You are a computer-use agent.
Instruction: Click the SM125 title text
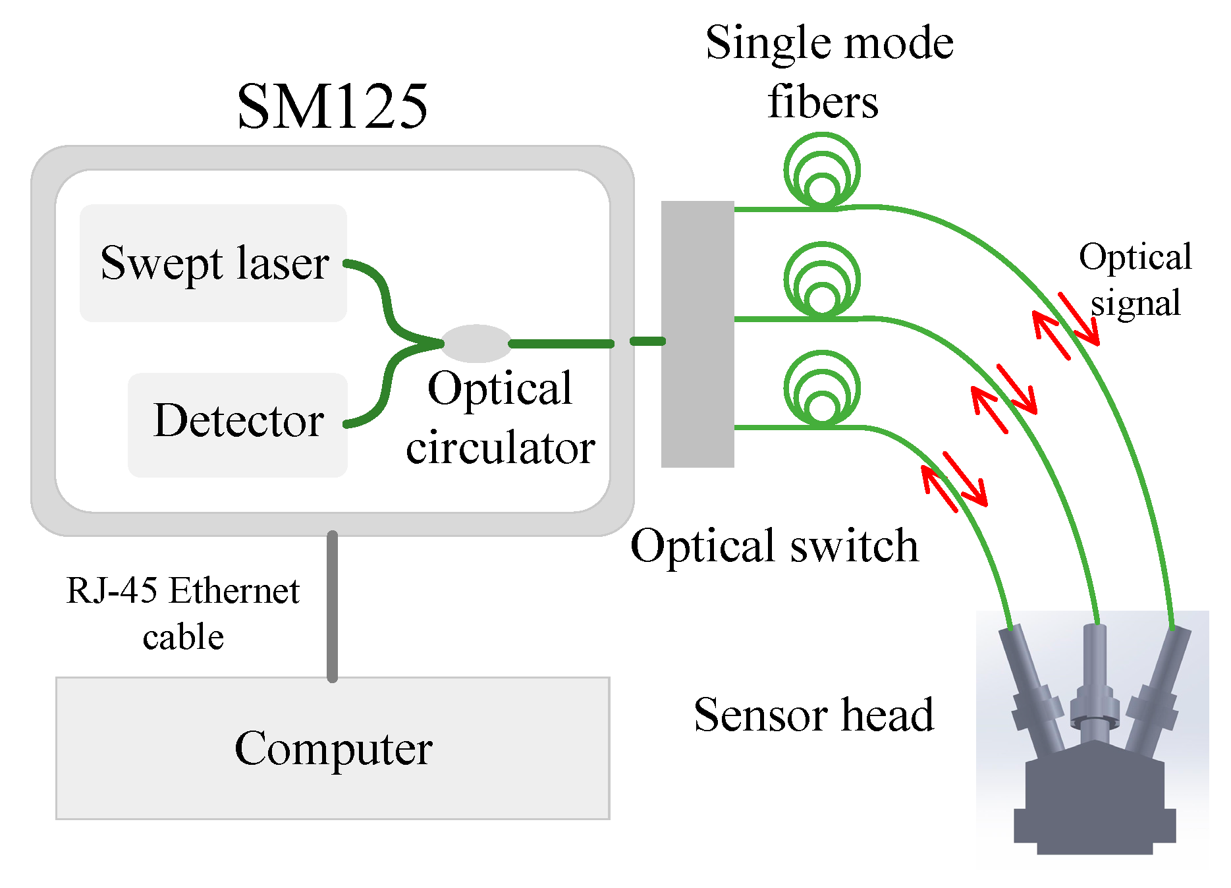tap(332, 107)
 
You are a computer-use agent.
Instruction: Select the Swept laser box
tap(213, 263)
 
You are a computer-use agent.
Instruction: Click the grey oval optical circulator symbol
tap(476, 343)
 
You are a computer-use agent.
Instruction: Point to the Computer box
tap(333, 748)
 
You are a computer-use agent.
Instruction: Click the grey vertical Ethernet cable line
tap(332, 606)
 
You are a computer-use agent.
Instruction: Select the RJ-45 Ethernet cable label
tap(183, 613)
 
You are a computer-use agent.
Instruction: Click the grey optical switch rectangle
tap(697, 334)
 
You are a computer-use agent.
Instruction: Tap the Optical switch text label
tap(774, 546)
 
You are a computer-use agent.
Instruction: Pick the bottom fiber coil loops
tap(821, 389)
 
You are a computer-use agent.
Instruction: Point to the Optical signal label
tap(1135, 280)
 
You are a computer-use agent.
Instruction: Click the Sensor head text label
tap(813, 715)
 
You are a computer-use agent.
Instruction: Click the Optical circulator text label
tap(500, 418)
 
